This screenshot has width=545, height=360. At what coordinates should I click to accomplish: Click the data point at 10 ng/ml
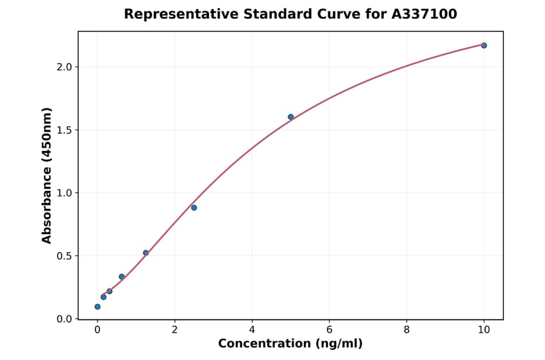(484, 45)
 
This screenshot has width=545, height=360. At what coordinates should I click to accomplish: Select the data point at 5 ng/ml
(291, 117)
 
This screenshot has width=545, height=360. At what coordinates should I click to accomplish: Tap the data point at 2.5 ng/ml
(194, 208)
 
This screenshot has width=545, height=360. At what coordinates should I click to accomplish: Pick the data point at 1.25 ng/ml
(146, 253)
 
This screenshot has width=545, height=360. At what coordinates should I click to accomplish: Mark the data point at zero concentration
(97, 307)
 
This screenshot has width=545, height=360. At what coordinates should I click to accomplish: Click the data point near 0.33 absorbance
(122, 277)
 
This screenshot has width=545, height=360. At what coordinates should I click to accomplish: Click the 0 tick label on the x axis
(97, 330)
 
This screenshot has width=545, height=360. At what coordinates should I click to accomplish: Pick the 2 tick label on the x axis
(175, 330)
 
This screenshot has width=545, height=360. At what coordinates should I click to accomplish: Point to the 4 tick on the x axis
(252, 330)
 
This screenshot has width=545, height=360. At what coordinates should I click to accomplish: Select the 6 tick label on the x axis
(329, 330)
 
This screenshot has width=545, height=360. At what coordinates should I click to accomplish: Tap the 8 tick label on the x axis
(406, 330)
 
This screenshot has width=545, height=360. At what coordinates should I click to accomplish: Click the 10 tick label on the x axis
(484, 330)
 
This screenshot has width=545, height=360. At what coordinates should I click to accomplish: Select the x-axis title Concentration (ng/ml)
(291, 344)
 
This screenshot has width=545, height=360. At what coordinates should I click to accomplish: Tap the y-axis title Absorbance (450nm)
(47, 175)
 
